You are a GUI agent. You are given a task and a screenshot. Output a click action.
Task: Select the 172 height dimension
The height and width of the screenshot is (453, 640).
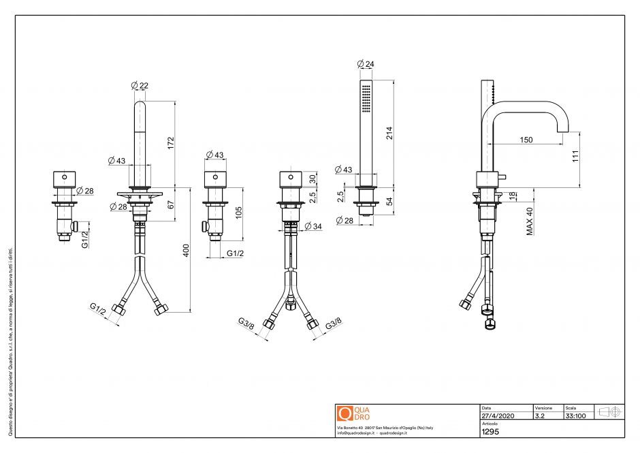point(172,142)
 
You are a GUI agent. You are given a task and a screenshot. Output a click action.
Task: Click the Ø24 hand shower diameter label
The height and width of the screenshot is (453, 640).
point(366,64)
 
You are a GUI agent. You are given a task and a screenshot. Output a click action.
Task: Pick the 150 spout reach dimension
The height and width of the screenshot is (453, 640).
point(526,140)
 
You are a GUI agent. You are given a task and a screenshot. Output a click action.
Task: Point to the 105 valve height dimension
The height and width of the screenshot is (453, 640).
point(239,213)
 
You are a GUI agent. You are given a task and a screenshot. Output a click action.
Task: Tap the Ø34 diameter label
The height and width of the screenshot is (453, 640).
point(313,226)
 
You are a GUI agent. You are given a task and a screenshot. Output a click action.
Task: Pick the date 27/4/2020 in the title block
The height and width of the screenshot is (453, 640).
point(498,415)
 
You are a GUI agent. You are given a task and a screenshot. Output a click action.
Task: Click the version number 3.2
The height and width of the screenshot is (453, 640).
point(540,415)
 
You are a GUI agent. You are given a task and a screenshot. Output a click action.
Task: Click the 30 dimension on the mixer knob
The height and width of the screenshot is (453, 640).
point(313,179)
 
